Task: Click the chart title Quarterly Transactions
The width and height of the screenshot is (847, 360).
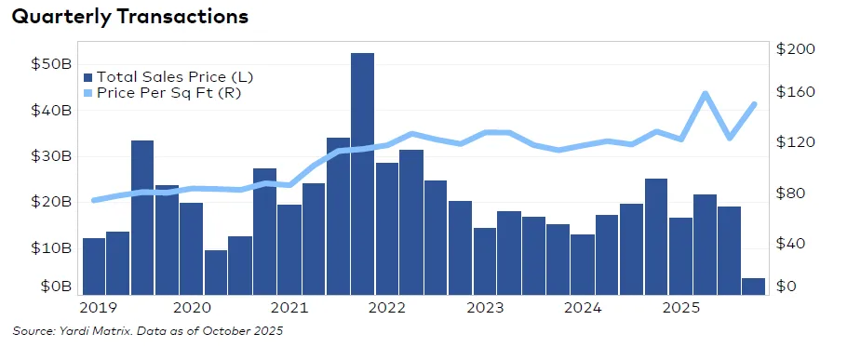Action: click(129, 18)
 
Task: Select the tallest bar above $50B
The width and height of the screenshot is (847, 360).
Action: click(362, 173)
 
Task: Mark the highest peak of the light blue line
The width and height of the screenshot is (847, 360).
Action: click(705, 93)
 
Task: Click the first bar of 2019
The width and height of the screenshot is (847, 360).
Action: click(93, 266)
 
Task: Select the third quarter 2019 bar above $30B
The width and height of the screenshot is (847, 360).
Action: click(142, 218)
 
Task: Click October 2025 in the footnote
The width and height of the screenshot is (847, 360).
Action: click(245, 330)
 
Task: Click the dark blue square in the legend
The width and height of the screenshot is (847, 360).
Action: click(88, 77)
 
